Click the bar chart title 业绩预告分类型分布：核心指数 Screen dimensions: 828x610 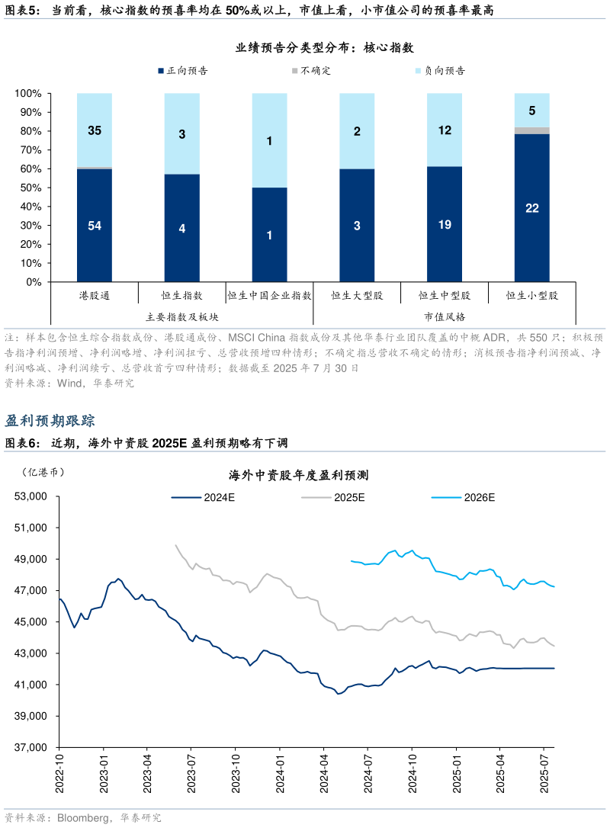coord(324,48)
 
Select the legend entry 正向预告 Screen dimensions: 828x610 coord(182,71)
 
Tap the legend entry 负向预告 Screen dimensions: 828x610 coord(439,71)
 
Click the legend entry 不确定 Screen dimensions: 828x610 coord(310,71)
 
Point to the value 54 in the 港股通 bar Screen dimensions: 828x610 coord(95,226)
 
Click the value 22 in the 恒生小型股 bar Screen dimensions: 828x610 coord(531,207)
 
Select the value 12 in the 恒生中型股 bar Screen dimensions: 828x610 coord(445,130)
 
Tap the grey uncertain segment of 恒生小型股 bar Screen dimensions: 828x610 coord(531,130)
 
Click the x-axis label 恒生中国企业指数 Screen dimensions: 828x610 coord(269,295)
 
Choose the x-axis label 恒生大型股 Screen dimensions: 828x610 coord(357,295)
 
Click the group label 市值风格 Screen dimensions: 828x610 coord(445,316)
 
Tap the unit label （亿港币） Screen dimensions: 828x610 coord(43,472)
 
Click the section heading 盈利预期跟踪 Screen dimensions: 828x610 coord(50,421)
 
